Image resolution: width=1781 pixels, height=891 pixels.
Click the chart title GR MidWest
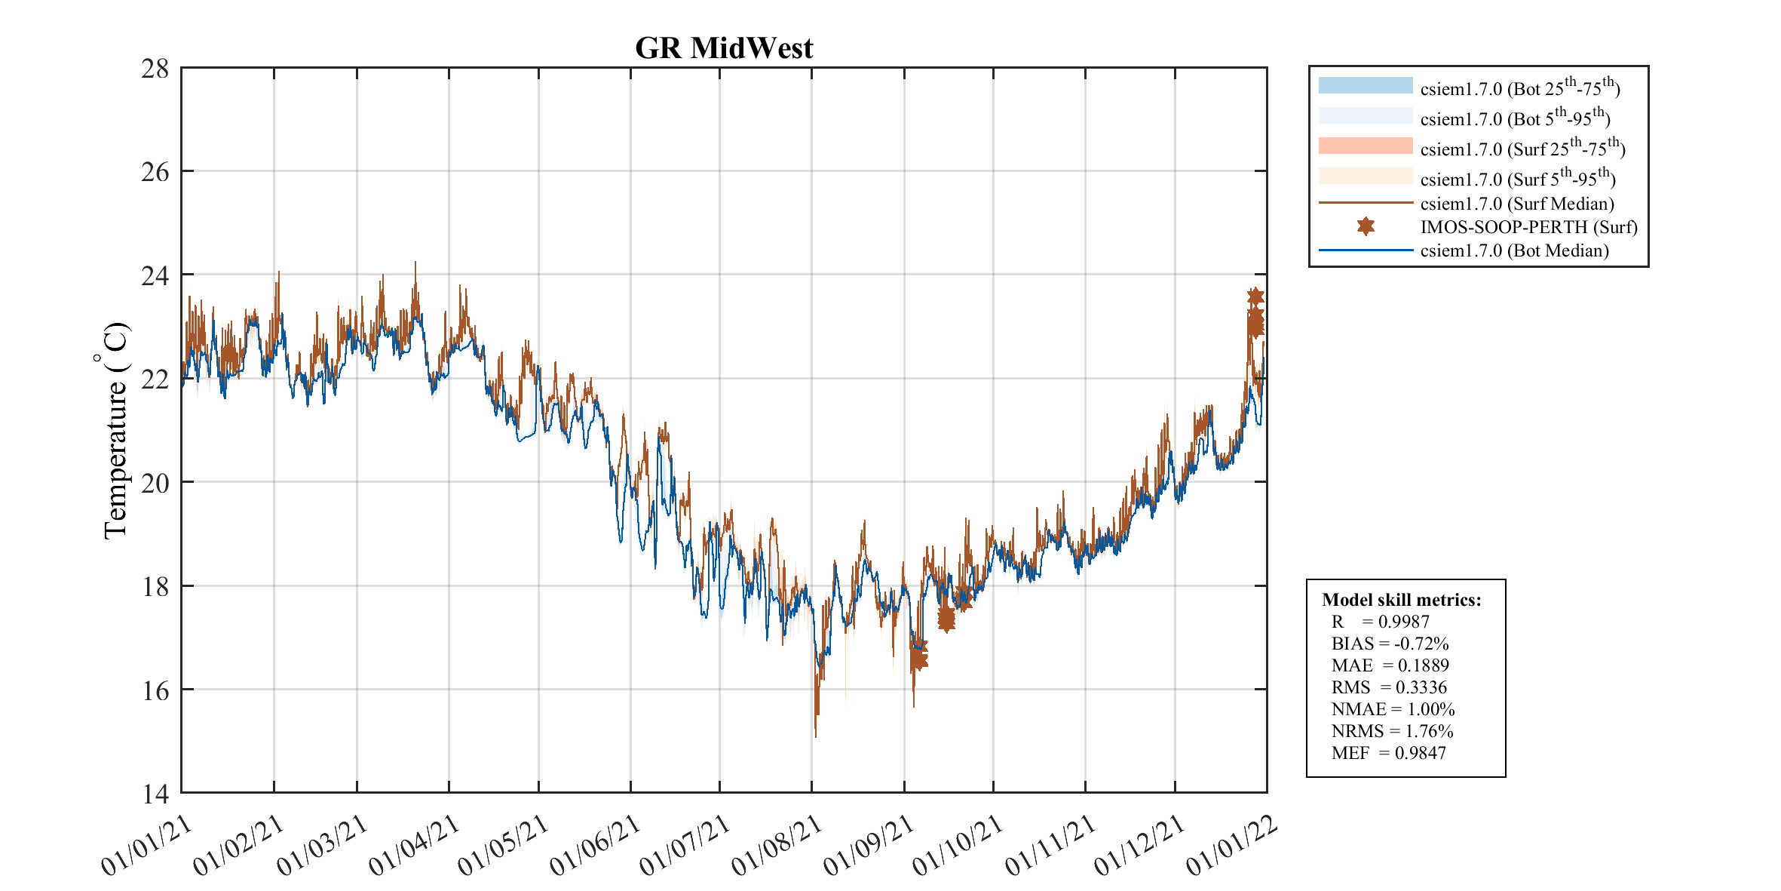pos(724,48)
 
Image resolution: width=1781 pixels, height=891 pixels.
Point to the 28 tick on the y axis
pos(155,69)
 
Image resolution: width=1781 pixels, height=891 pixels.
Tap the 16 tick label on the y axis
pos(155,690)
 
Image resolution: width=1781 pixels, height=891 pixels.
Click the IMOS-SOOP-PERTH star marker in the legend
pos(1365,226)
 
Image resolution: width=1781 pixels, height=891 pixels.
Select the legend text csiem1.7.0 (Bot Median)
pos(1514,250)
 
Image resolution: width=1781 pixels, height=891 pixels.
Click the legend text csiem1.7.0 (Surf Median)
pos(1517,204)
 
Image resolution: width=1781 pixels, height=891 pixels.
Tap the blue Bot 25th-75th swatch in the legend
pos(1365,85)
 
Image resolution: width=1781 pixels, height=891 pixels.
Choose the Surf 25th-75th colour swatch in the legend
pos(1365,146)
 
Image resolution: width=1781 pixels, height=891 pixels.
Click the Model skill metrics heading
pos(1401,600)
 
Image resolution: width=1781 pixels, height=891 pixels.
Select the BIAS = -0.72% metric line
pos(1390,644)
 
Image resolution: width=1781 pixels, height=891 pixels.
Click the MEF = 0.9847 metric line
pos(1388,753)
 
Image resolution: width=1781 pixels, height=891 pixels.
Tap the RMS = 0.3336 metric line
pos(1389,687)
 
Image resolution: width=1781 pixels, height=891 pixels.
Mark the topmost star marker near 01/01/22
pos(1255,296)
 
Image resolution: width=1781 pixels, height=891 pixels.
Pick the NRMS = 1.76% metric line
pos(1392,731)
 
